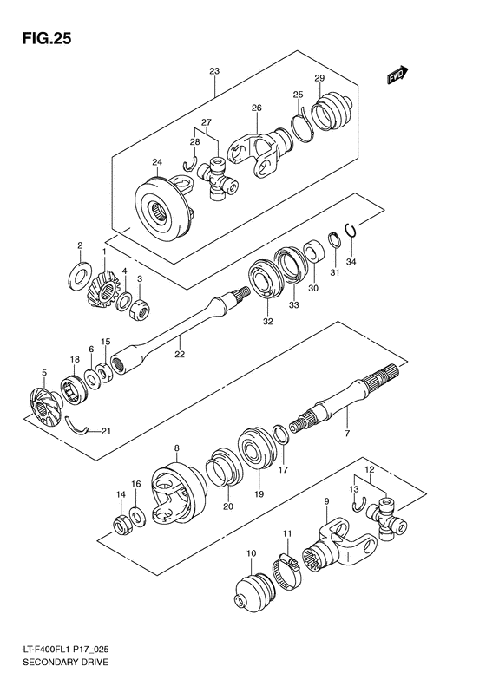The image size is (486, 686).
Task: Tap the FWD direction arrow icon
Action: [x=399, y=78]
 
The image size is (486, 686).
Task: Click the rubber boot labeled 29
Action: [x=331, y=112]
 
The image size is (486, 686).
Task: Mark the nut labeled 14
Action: [x=121, y=524]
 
